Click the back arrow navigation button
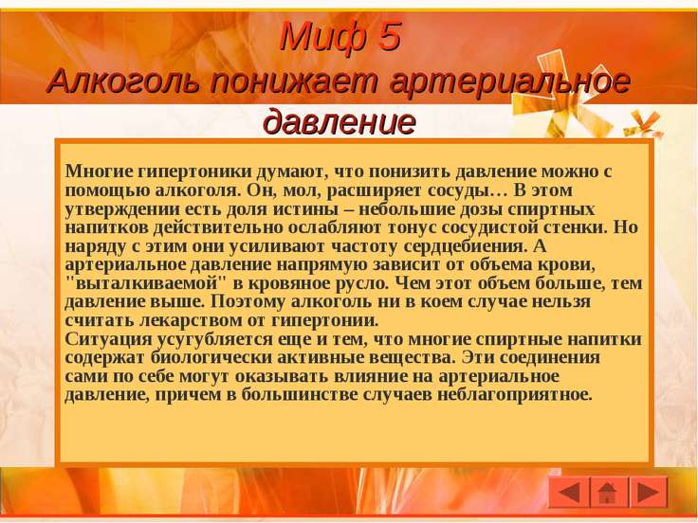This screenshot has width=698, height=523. tap(569, 493)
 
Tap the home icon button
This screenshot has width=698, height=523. tap(609, 493)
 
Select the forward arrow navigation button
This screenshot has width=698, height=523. tap(649, 493)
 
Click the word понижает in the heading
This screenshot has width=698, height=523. tap(294, 82)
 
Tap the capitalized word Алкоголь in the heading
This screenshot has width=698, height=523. tap(123, 81)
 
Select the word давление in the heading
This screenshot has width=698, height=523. tap(340, 121)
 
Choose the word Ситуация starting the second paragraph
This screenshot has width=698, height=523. tap(108, 339)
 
